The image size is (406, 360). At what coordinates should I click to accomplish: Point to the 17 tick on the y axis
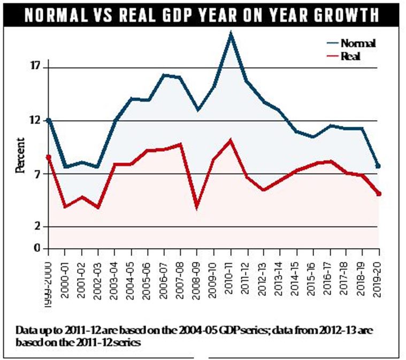point(36,67)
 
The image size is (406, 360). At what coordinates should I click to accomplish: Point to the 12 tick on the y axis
point(36,120)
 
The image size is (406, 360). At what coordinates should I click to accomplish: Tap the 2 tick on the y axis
point(38,227)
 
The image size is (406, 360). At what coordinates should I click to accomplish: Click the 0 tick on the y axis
point(38,248)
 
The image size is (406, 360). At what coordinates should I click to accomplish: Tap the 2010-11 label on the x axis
point(231,272)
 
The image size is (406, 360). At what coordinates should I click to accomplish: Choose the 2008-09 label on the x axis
point(198,272)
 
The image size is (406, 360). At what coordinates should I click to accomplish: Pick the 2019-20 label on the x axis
point(379,272)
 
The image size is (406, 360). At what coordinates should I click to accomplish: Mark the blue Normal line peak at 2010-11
point(231,34)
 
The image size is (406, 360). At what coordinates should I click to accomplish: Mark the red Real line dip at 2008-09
point(197,206)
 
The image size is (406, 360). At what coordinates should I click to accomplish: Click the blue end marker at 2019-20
point(379,166)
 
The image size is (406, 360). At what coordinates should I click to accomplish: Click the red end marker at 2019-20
point(379,194)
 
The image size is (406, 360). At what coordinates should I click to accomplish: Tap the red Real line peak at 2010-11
point(231,141)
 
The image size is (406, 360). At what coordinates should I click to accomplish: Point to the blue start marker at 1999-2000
point(49,121)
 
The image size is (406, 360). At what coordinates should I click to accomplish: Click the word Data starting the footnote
point(27,331)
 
